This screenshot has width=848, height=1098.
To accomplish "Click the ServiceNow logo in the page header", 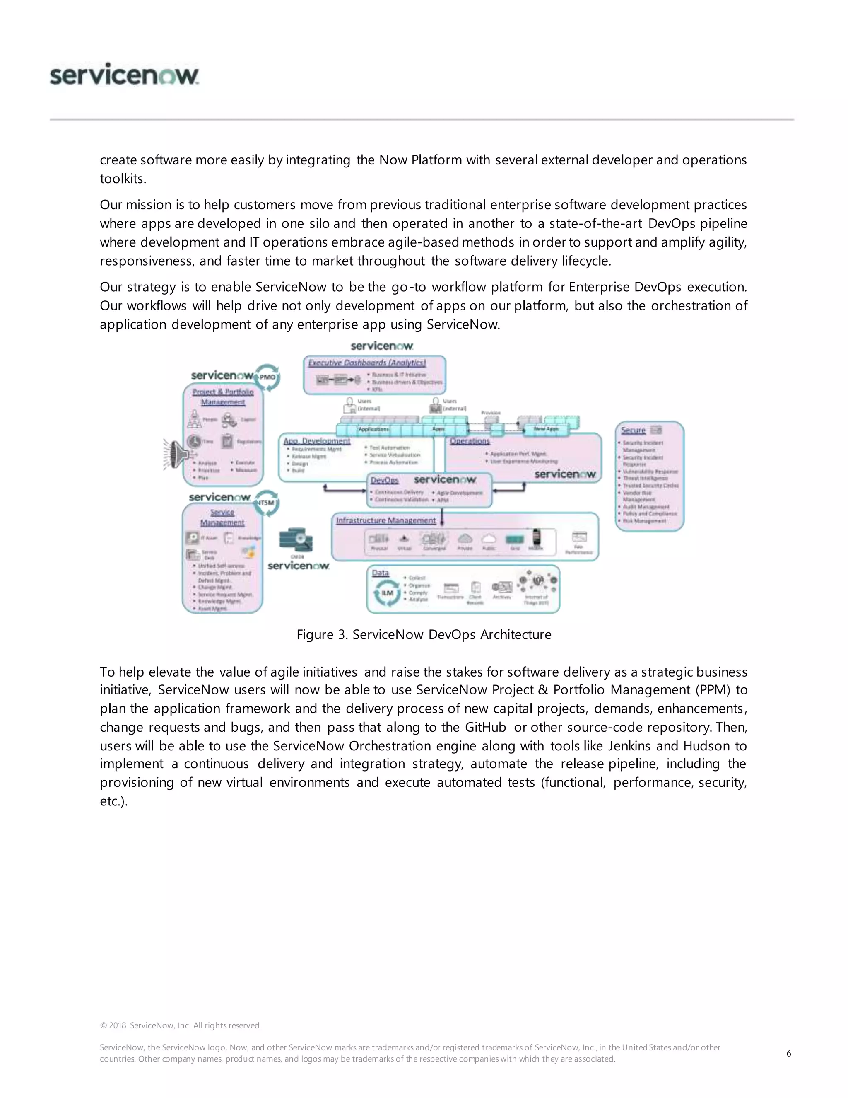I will click(124, 75).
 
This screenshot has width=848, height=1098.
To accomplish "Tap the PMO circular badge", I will click(267, 377).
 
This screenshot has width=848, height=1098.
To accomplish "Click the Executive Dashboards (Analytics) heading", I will click(367, 363).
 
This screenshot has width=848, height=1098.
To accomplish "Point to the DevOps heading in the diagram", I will click(384, 480).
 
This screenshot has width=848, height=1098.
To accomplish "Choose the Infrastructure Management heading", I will click(386, 520).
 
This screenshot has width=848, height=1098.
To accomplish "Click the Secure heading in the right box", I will click(633, 430).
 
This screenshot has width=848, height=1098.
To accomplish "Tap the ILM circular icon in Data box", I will click(387, 593).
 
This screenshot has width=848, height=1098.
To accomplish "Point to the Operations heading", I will click(470, 441).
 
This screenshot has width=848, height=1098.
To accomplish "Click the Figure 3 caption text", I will click(424, 634).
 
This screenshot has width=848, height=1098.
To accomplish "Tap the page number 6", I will click(789, 1053).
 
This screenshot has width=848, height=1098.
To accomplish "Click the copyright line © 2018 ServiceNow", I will click(181, 1025).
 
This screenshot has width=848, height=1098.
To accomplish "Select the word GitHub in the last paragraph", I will click(485, 727).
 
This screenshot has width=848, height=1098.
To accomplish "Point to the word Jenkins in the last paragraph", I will click(629, 745).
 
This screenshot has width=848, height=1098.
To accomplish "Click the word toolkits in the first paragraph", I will click(122, 179).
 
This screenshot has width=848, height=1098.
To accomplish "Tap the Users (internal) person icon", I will click(349, 405).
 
